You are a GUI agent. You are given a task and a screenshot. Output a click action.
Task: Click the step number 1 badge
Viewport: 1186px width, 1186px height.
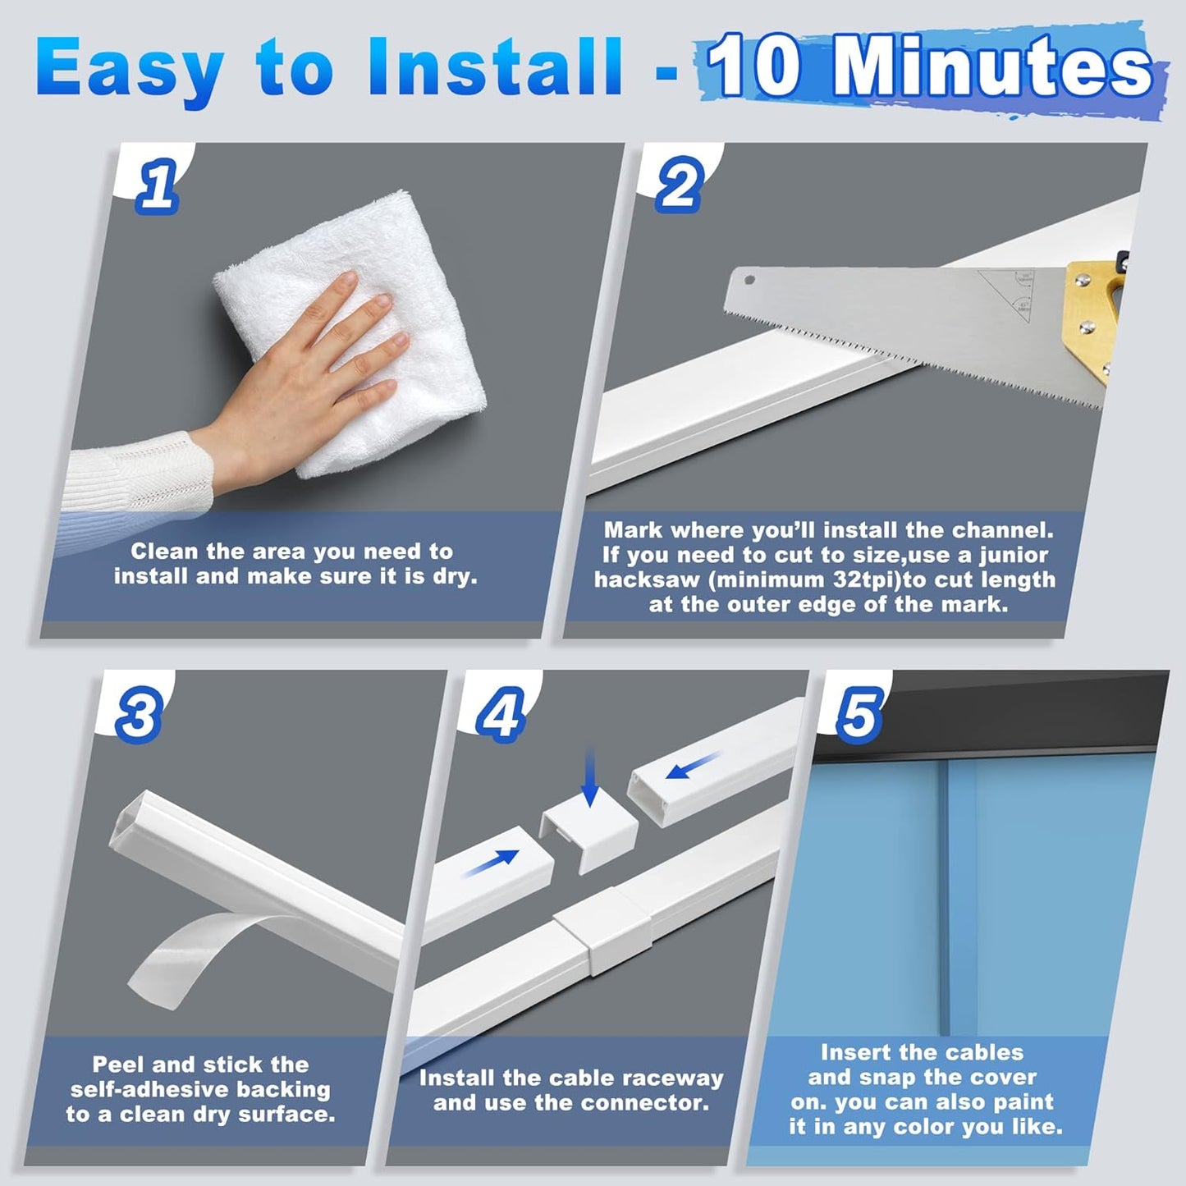point(157,185)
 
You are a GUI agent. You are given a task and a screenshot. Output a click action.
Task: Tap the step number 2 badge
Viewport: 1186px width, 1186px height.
point(678,185)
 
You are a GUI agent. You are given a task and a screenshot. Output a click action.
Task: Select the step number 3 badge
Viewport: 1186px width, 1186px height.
point(137,714)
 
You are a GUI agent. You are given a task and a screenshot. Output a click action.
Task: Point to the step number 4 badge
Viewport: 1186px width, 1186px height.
point(500,714)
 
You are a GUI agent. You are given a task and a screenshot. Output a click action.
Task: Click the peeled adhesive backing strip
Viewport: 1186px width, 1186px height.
point(197,952)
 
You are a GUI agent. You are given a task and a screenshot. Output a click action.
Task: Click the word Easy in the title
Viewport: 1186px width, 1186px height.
point(130,67)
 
